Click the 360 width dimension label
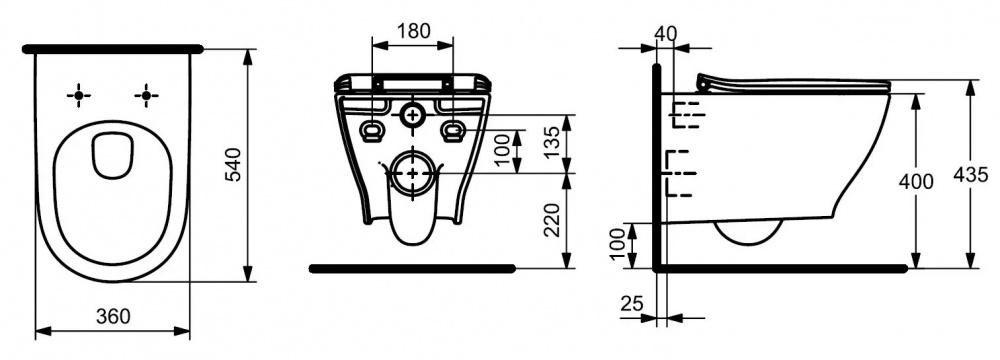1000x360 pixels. point(114,315)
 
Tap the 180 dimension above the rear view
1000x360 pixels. point(413,31)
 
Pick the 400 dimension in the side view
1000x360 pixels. point(916,182)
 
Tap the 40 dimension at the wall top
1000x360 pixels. point(666,34)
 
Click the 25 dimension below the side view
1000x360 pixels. point(631,304)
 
